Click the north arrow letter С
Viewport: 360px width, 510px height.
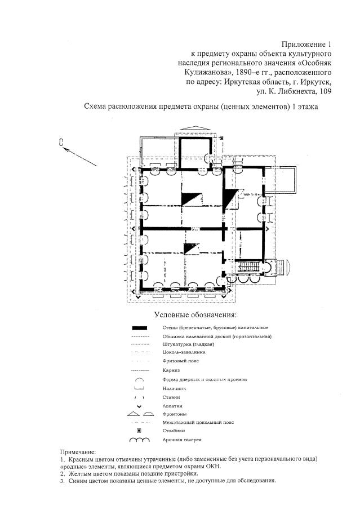tap(60, 143)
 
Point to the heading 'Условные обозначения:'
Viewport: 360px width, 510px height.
tap(195, 314)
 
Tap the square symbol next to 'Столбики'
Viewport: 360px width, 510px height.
tap(139, 430)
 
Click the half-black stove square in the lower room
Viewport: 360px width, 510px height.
tap(192, 248)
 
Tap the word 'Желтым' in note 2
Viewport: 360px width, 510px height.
tap(81, 474)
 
